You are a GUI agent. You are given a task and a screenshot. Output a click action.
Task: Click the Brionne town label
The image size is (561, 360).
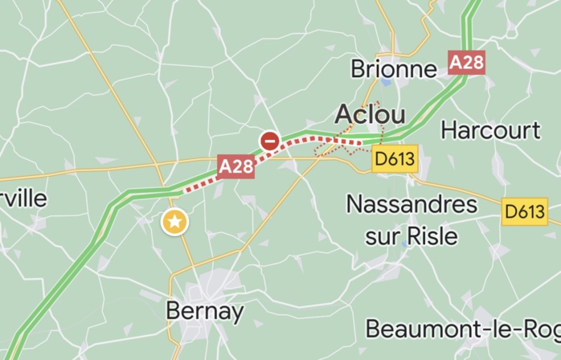tap(394, 69)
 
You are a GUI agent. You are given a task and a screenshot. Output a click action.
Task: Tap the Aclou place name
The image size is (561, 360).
tap(370, 113)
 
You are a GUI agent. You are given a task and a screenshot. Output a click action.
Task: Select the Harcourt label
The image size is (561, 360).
tap(490, 130)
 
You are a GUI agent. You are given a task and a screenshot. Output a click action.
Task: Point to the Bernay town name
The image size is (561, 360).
tap(204, 311)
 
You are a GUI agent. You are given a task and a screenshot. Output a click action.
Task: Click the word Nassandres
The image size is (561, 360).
tap(412, 204)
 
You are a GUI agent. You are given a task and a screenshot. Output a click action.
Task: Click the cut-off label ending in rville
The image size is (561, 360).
tap(23, 198)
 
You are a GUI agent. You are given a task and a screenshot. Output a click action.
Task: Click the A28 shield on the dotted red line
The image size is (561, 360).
tap(236, 166)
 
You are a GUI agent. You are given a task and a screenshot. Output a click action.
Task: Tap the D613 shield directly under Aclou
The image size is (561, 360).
tap(395, 159)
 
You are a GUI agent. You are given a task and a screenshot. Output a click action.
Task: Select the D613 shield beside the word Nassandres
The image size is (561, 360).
tap(525, 212)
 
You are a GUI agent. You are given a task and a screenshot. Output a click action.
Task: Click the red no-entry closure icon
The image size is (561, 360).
tap(269, 141)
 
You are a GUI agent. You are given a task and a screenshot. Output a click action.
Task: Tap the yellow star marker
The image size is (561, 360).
tap(174, 222)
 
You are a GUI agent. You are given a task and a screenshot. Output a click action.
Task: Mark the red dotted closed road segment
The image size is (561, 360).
tap(201, 182)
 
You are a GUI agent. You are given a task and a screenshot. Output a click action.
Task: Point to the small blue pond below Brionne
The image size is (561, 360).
tap(387, 83)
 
